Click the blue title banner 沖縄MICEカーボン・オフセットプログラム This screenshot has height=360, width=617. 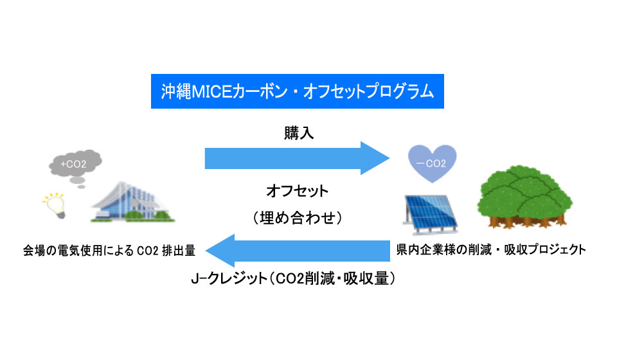click(x=298, y=91)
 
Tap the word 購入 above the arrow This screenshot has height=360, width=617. click(x=299, y=133)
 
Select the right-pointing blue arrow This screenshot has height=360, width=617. click(x=298, y=158)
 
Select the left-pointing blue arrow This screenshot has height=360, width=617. click(x=298, y=251)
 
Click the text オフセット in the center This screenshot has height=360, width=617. click(x=298, y=191)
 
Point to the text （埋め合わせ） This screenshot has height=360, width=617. click(x=298, y=217)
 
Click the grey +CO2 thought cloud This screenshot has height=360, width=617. click(x=75, y=163)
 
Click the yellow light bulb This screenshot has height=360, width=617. click(x=55, y=205)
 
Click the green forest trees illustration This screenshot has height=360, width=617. click(x=525, y=197)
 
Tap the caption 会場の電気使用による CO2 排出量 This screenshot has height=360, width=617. click(x=109, y=251)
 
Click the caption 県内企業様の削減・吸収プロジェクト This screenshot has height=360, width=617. click(x=491, y=249)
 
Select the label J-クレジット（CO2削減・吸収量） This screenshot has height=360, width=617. click(x=293, y=278)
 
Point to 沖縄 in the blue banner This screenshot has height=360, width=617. click(x=176, y=91)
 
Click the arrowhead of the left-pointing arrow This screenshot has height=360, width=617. click(x=220, y=251)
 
